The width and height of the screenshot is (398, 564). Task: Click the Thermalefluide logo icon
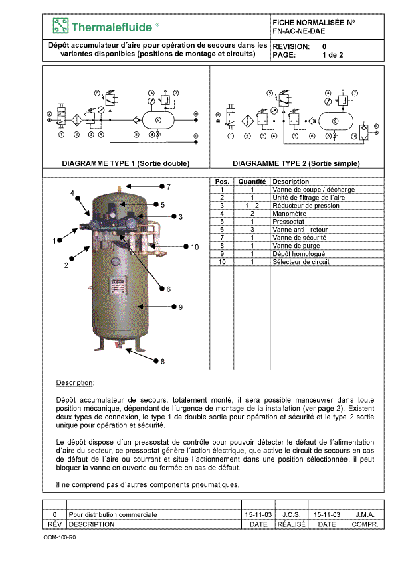click(60, 26)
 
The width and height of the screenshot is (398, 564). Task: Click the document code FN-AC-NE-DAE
click(299, 31)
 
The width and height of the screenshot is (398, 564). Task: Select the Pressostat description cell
click(288, 222)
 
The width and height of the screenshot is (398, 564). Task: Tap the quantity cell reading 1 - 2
click(252, 206)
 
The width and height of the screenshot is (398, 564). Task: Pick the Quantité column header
click(252, 182)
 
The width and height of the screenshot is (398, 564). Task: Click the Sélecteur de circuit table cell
click(300, 262)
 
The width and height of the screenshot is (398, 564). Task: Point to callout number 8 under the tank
click(163, 362)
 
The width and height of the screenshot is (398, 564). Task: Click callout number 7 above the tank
click(168, 187)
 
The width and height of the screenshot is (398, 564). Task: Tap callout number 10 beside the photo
click(195, 247)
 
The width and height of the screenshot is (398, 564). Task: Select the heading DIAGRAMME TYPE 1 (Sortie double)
click(125, 163)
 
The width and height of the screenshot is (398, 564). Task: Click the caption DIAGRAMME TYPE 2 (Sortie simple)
click(296, 163)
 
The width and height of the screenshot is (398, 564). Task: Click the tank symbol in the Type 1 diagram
click(159, 120)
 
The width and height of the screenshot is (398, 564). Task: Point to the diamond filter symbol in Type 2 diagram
click(247, 121)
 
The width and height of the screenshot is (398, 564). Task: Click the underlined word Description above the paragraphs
click(74, 382)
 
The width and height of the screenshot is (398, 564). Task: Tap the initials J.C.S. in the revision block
click(292, 514)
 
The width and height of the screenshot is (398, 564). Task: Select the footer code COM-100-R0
click(60, 537)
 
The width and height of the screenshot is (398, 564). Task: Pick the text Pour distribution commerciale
click(112, 514)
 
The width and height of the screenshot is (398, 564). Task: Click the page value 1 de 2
click(332, 55)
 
